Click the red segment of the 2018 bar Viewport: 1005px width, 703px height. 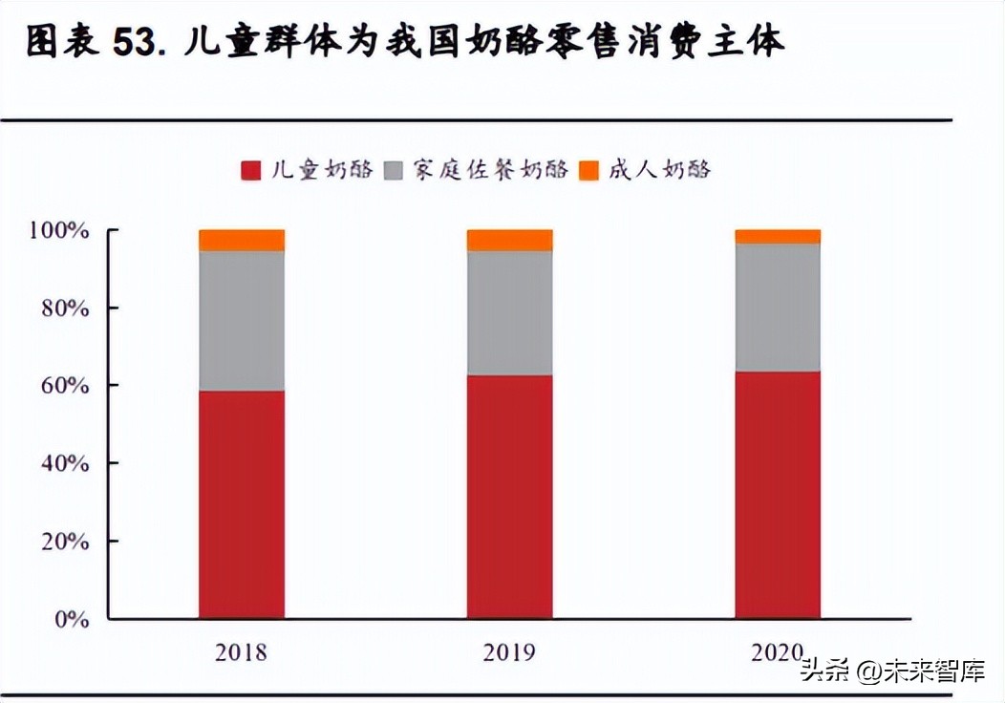point(242,504)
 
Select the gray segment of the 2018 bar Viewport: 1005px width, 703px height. point(242,321)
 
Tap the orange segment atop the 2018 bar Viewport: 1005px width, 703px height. point(242,240)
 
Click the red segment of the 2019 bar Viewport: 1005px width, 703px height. point(509,497)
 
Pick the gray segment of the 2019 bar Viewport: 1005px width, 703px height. point(509,312)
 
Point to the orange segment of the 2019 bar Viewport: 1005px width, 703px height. point(509,240)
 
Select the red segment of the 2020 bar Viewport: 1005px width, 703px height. point(778,495)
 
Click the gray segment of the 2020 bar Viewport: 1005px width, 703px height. point(778,308)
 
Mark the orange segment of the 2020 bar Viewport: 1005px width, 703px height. point(778,237)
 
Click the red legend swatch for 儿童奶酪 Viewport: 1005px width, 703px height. point(251,171)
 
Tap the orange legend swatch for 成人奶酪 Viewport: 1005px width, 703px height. point(589,171)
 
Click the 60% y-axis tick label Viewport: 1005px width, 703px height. point(64,386)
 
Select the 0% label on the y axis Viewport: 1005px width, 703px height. point(72,619)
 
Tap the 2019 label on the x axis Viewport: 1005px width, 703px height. point(509,652)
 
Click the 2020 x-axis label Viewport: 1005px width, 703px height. point(778,652)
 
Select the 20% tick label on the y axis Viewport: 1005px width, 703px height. point(64,542)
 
